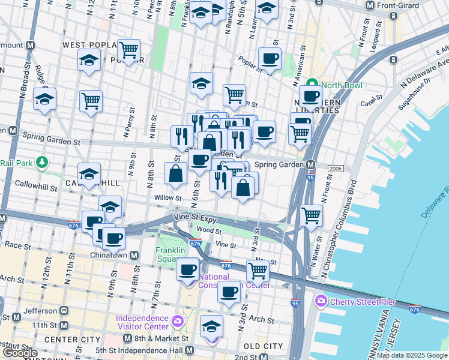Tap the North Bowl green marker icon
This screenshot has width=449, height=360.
point(312,85)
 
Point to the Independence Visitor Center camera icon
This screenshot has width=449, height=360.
point(177,322)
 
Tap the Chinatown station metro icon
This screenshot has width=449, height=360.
point(134,255)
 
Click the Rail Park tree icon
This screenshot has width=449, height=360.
point(41,162)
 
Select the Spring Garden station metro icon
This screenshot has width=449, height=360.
point(311,165)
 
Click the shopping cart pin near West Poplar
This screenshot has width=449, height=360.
point(128,50)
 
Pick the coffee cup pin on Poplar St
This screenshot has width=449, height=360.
point(270,59)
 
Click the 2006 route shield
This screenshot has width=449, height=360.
point(336,169)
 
